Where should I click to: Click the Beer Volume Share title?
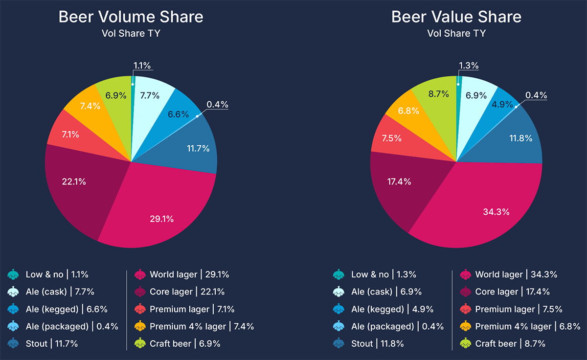tap(131, 17)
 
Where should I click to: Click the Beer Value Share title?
tap(456, 17)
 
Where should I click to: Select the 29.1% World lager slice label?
tap(161, 219)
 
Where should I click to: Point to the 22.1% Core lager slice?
tap(74, 182)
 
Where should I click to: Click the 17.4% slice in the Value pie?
tap(399, 182)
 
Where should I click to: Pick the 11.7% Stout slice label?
tap(198, 147)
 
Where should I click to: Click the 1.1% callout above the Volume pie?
tap(141, 65)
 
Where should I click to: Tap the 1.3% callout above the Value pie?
tap(468, 66)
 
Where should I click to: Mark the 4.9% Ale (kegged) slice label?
tap(502, 104)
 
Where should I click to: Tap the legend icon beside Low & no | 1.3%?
tap(339, 275)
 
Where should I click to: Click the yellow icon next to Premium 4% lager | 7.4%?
tap(139, 326)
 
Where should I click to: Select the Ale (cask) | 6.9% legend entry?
tap(384, 292)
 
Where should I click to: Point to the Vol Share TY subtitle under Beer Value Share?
tap(456, 34)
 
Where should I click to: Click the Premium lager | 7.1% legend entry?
tap(192, 309)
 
